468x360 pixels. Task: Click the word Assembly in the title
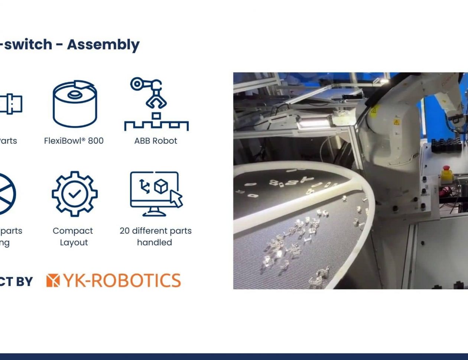pyautogui.click(x=103, y=45)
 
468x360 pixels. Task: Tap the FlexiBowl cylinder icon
pyautogui.click(x=75, y=104)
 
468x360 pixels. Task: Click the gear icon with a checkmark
pyautogui.click(x=75, y=194)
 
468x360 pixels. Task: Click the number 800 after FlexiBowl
pyautogui.click(x=96, y=141)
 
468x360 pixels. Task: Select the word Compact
pyautogui.click(x=73, y=231)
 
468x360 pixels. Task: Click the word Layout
pyautogui.click(x=74, y=243)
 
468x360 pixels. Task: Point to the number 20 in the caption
pyautogui.click(x=125, y=231)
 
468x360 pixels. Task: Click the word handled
pyautogui.click(x=155, y=243)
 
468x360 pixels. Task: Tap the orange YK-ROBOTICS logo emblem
pyautogui.click(x=53, y=280)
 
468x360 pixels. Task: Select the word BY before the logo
pyautogui.click(x=25, y=282)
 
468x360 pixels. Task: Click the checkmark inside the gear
pyautogui.click(x=75, y=194)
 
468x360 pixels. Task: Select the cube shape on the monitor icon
pyautogui.click(x=161, y=186)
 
